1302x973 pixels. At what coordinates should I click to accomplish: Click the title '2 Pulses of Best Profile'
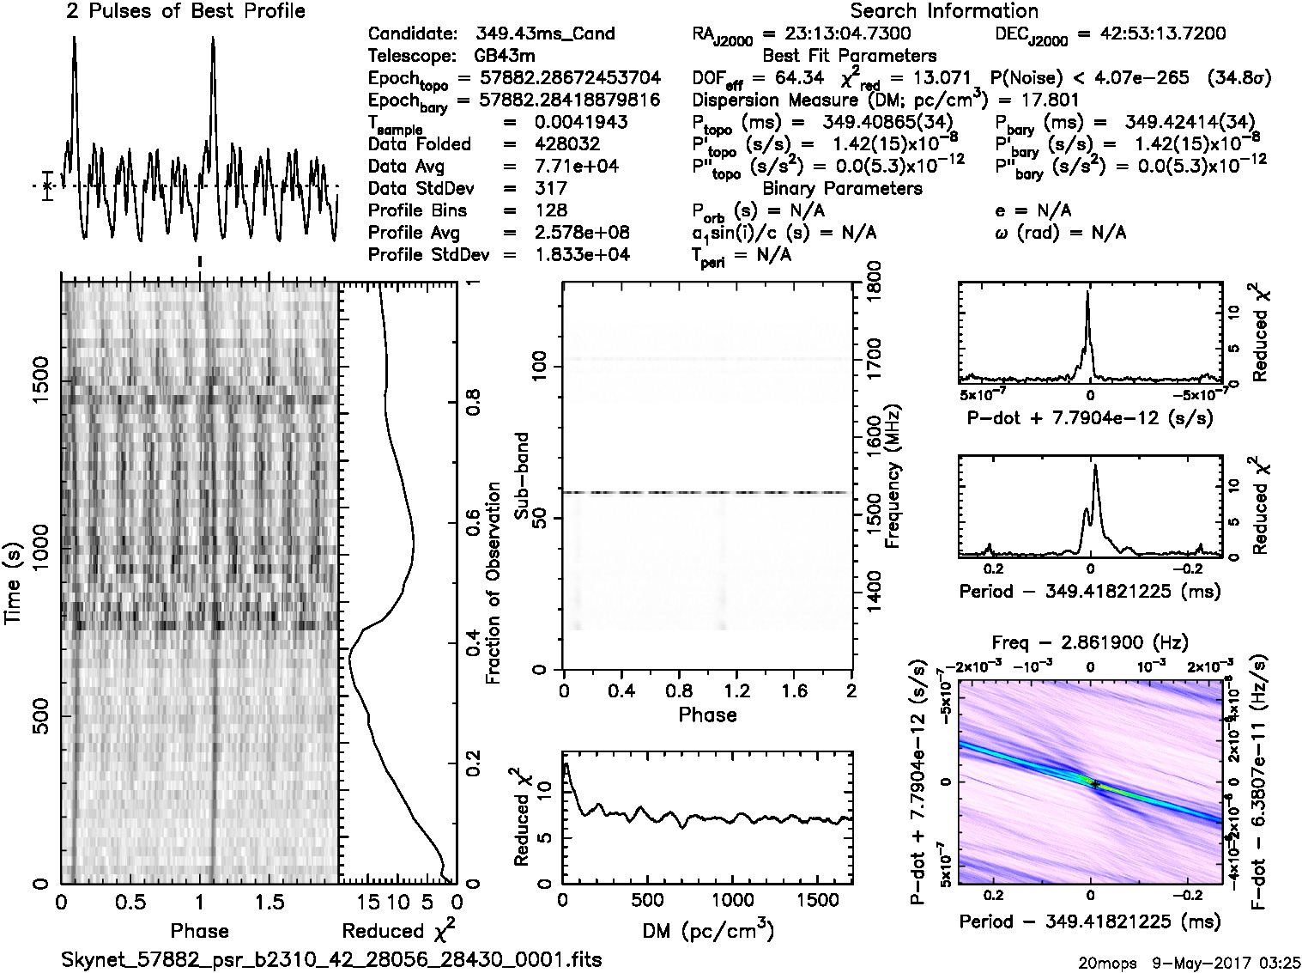click(185, 11)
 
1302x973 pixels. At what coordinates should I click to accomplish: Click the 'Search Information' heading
click(944, 11)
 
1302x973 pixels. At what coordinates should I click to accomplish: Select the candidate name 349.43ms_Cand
click(545, 34)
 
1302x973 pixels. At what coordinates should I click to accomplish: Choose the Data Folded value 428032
click(566, 144)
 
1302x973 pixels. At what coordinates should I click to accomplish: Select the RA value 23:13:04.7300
click(837, 34)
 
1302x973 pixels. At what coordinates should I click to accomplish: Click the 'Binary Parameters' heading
click(842, 188)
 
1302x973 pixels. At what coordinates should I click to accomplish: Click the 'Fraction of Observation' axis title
click(494, 583)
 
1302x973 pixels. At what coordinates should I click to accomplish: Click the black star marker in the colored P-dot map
click(1094, 784)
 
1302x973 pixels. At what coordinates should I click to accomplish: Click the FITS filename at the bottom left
click(331, 959)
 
